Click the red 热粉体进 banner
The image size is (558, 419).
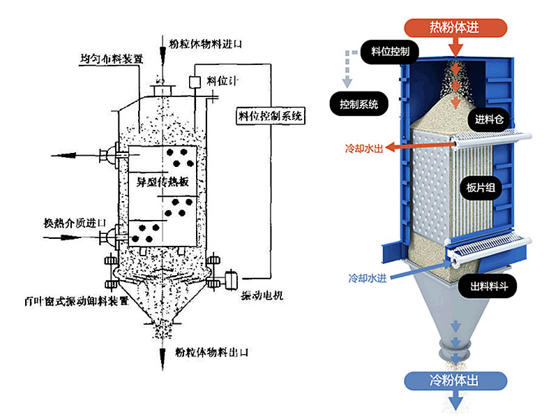point(454,27)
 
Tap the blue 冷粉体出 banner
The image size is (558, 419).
point(455,381)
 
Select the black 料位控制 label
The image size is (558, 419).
point(390,52)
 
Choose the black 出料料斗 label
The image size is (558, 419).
point(488,286)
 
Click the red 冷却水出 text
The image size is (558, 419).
point(363,148)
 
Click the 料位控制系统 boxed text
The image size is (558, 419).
point(267,117)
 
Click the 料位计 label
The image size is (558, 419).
point(223,81)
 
